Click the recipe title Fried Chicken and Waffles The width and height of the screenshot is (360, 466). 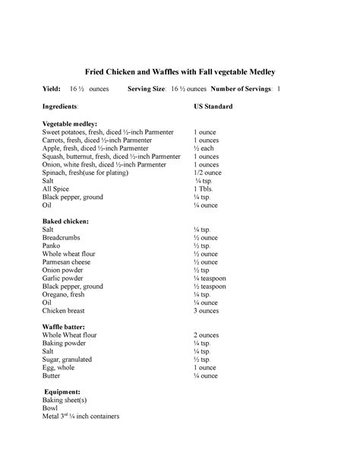pyautogui.click(x=179, y=71)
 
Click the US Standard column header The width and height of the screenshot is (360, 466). pyautogui.click(x=213, y=106)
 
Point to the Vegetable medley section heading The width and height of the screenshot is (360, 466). pyautogui.click(x=70, y=123)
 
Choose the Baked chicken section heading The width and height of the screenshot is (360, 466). pyautogui.click(x=65, y=221)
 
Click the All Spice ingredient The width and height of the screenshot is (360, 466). pyautogui.click(x=56, y=189)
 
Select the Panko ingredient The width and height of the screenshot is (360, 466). pyautogui.click(x=52, y=246)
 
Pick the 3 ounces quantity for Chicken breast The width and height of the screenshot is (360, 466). pyautogui.click(x=206, y=311)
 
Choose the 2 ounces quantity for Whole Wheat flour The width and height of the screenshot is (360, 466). pyautogui.click(x=206, y=334)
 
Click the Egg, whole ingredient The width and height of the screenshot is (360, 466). pyautogui.click(x=59, y=367)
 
